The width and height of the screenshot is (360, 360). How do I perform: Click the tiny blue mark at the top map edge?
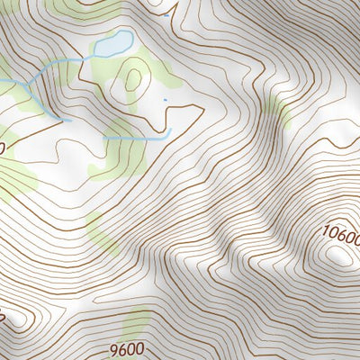[x=167, y=14]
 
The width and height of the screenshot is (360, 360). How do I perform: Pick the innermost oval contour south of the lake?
[x=134, y=79]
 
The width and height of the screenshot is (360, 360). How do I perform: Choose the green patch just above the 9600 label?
[x=137, y=324]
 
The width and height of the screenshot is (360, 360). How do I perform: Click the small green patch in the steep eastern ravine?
[x=280, y=114]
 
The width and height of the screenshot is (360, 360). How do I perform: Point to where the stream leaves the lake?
[x=95, y=53]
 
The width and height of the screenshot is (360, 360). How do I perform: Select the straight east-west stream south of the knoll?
[x=135, y=139]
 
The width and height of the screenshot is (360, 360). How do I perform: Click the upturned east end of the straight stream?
[x=168, y=132]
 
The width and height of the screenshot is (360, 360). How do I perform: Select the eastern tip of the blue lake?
[x=132, y=38]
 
